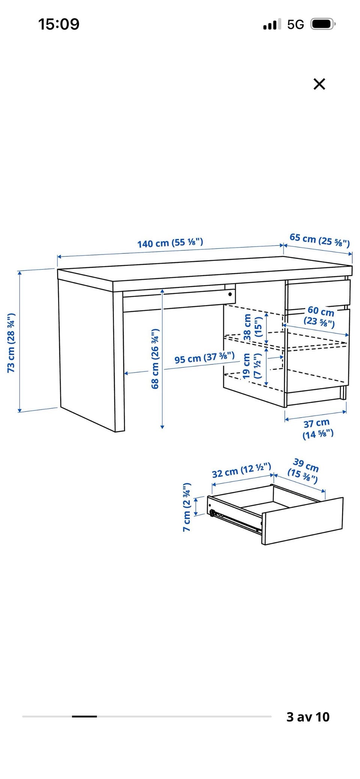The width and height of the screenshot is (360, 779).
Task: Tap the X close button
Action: point(319,84)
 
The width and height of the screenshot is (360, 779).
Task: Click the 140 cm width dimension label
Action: point(170,243)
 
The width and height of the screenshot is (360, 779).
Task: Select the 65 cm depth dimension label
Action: point(319,240)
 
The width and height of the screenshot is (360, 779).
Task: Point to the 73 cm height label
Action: point(11,343)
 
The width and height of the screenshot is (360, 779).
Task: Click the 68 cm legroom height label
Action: point(155,359)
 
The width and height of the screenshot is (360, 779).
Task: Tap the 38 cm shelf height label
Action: point(252,327)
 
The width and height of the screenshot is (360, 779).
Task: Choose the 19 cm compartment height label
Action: point(252,366)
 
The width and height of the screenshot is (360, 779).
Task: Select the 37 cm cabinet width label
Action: point(318,429)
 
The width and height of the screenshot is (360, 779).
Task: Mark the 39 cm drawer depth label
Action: point(304,471)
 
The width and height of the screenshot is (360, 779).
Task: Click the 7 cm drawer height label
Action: point(187,507)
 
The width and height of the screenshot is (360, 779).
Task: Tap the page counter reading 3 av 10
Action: point(308,717)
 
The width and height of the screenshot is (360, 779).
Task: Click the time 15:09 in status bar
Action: point(59,24)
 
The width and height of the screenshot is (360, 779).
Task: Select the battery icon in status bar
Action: point(323,24)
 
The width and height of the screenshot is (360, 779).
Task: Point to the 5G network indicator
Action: point(295,25)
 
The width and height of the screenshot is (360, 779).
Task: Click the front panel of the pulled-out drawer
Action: point(302,521)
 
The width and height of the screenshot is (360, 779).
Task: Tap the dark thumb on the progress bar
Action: point(84,716)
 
